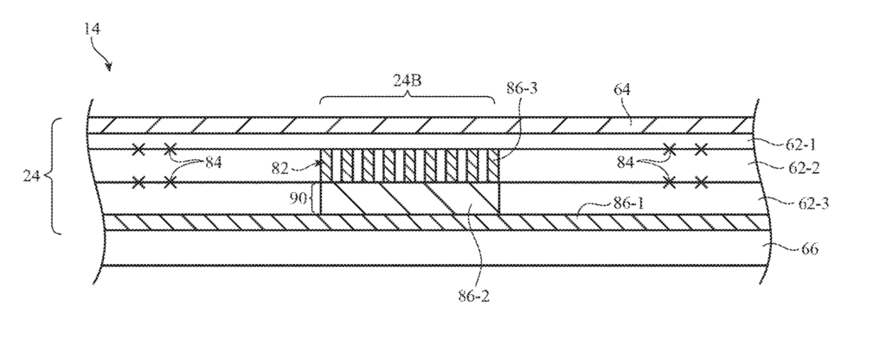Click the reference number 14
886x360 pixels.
92,29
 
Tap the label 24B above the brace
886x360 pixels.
408,80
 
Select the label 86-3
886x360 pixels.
523,88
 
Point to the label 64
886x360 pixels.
621,89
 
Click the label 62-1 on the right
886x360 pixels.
801,145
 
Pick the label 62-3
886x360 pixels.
813,202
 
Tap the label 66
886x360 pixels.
810,248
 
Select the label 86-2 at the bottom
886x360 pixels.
473,296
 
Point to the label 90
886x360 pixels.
298,199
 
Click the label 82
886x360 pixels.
280,169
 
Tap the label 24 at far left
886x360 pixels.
31,176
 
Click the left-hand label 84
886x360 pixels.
214,164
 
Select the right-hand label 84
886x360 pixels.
626,164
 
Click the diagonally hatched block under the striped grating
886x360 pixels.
409,198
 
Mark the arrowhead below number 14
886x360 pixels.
108,67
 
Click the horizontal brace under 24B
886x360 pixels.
408,98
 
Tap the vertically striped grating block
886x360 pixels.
409,165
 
